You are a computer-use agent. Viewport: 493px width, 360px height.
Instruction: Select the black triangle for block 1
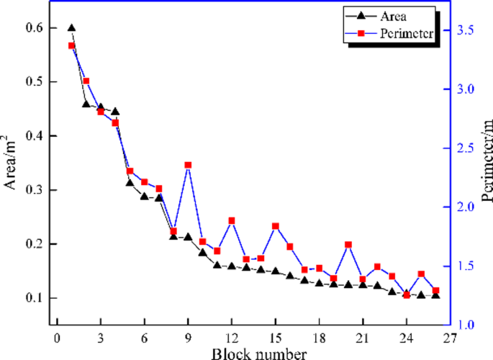[71, 27]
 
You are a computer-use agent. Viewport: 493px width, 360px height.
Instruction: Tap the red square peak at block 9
[188, 165]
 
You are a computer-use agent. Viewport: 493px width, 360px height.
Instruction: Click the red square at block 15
[275, 226]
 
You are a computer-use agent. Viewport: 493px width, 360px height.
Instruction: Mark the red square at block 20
[348, 245]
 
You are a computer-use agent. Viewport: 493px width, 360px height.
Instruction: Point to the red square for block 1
[71, 45]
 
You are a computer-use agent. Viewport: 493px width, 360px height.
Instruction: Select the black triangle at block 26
[435, 295]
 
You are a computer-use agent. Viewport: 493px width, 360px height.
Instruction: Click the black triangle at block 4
[115, 112]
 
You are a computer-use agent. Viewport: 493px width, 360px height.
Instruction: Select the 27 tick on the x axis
[450, 339]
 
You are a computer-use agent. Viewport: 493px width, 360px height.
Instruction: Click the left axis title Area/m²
[12, 162]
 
